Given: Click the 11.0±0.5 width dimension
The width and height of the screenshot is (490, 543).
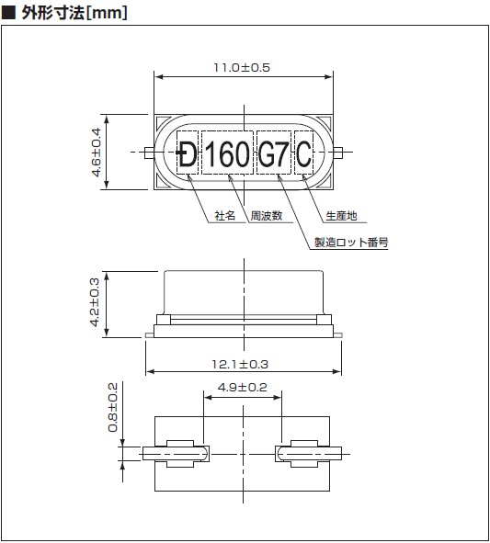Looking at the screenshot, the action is coord(242,67).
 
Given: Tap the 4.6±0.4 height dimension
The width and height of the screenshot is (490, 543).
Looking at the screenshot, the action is coord(96,153).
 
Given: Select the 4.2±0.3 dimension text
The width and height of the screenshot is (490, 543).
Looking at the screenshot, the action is coord(95,302).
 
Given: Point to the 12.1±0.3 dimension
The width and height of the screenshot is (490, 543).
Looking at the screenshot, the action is coord(240,365).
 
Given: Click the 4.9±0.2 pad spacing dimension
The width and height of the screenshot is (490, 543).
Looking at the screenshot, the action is coord(243,387).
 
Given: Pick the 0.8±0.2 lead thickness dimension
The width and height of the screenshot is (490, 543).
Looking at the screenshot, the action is coord(113,408).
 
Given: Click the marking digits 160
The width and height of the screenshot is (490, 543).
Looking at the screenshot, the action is coord(227,154).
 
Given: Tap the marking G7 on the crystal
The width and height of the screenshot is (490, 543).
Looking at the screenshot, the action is coord(273,154).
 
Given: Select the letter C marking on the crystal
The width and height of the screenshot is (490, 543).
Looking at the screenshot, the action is coord(303,154).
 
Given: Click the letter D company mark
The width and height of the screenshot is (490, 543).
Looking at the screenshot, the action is coord(187,154).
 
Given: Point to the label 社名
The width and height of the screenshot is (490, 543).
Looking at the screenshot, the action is coord(225,216).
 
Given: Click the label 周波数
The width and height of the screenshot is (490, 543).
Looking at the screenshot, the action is coord(267,216).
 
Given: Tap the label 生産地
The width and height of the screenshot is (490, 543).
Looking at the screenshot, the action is coord(341,216).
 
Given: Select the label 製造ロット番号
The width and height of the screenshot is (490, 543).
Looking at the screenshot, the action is coord(351,242).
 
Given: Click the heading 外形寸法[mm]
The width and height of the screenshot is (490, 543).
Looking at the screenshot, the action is coord(74,13).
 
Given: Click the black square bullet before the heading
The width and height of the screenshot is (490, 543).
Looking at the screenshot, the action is coord(8,13).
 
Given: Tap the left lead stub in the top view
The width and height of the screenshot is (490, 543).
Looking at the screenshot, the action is coord(150,153).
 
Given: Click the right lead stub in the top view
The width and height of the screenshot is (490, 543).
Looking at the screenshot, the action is coord(338,153).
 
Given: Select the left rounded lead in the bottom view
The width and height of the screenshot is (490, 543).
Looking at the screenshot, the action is coord(176,454).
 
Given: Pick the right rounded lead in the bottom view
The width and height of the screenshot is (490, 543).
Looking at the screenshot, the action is coord(308,454).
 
